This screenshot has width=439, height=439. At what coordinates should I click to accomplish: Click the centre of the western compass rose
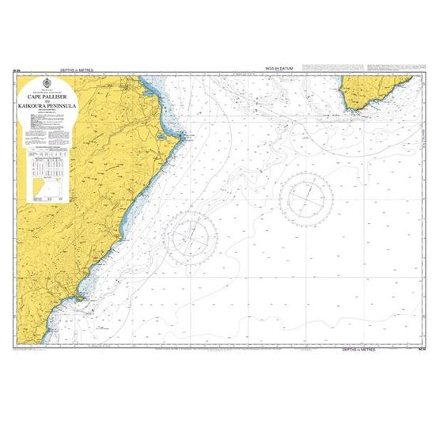tap(193, 234)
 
